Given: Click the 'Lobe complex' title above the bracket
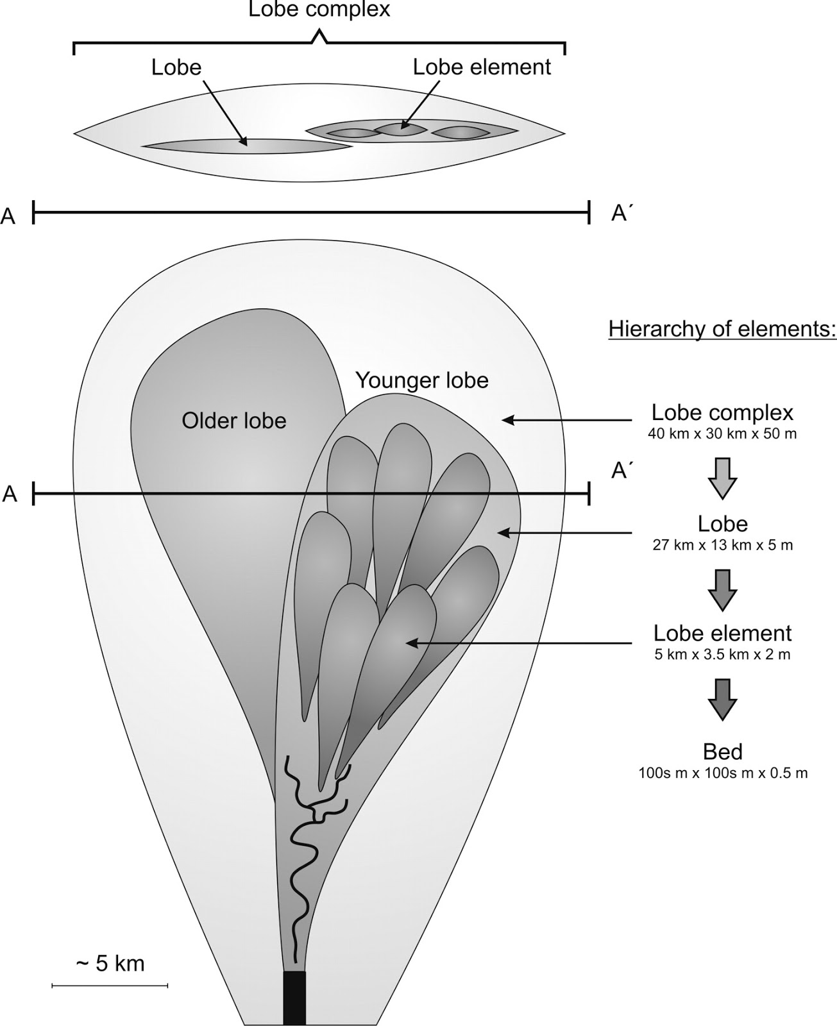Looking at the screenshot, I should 319,10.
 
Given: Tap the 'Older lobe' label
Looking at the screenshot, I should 234,421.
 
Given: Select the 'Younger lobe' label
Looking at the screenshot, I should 422,380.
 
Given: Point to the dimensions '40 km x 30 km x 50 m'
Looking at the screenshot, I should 722,433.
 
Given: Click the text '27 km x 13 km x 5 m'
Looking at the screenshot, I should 722,546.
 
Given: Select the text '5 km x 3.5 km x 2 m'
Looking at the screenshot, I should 722,655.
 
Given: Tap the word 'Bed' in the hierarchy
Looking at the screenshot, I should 722,752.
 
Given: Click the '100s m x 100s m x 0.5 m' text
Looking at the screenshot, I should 723,773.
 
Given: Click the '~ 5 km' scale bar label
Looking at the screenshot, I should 110,963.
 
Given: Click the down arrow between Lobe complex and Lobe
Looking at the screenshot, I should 722,478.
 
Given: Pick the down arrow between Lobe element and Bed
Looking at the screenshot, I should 722,699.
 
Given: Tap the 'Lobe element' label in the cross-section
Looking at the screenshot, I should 482,67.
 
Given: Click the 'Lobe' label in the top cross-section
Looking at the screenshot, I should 176,67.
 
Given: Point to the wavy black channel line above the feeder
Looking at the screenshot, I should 301,859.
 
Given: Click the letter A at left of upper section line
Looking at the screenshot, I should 8,217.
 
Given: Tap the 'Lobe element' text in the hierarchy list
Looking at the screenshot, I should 722,634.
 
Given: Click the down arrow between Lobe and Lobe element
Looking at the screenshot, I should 722,589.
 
